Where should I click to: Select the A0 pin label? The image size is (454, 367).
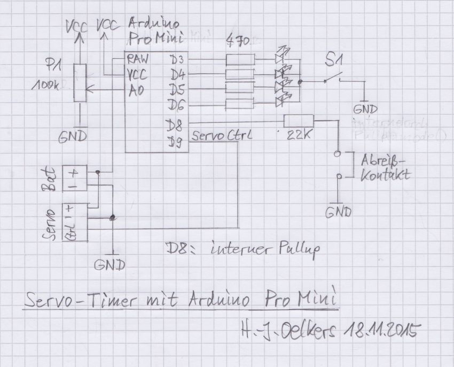pos(136,89)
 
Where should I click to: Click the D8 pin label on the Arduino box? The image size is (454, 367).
pos(175,127)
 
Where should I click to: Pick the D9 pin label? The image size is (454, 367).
pos(175,142)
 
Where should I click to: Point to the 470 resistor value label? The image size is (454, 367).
pos(238,41)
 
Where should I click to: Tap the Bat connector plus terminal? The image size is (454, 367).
pos(72,172)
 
